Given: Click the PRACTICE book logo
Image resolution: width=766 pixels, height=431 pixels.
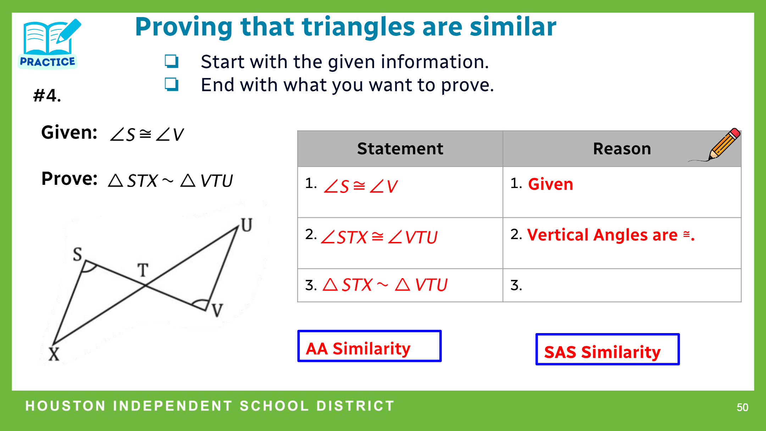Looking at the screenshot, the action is pyautogui.click(x=49, y=43).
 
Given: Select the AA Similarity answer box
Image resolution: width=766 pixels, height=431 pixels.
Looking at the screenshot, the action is pyautogui.click(x=370, y=346).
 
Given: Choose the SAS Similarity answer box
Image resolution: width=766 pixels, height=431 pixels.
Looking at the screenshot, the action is pyautogui.click(x=607, y=349).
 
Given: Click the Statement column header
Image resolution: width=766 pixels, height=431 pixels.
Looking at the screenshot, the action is pyautogui.click(x=400, y=149).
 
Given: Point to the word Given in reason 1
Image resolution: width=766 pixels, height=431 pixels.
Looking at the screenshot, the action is pyautogui.click(x=550, y=184).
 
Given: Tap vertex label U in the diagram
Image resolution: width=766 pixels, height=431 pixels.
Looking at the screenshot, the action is pyautogui.click(x=247, y=225).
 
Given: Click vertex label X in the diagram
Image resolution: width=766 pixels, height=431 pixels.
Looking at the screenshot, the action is pyautogui.click(x=54, y=354).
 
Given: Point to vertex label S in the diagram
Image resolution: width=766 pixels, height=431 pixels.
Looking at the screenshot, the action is pyautogui.click(x=77, y=254).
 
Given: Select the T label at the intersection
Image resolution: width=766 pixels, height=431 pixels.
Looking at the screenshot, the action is pyautogui.click(x=143, y=270).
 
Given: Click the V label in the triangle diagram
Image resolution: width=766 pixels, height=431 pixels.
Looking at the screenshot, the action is pyautogui.click(x=217, y=310).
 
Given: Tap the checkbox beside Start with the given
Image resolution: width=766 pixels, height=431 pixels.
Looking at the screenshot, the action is pyautogui.click(x=171, y=61).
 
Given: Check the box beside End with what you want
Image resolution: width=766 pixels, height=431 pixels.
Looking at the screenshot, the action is pyautogui.click(x=171, y=84).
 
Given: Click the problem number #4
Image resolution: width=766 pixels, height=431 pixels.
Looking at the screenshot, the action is pyautogui.click(x=47, y=95).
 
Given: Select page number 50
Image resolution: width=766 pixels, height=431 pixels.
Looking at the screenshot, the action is pyautogui.click(x=742, y=407).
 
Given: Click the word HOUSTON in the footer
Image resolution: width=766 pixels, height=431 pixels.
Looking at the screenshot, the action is pyautogui.click(x=65, y=406).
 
